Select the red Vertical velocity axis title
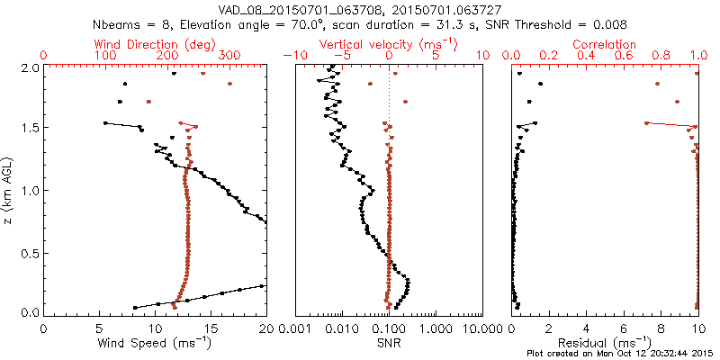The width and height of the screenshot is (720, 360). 389,44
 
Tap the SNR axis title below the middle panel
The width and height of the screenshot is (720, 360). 389,343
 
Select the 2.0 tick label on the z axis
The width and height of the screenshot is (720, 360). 29,67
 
